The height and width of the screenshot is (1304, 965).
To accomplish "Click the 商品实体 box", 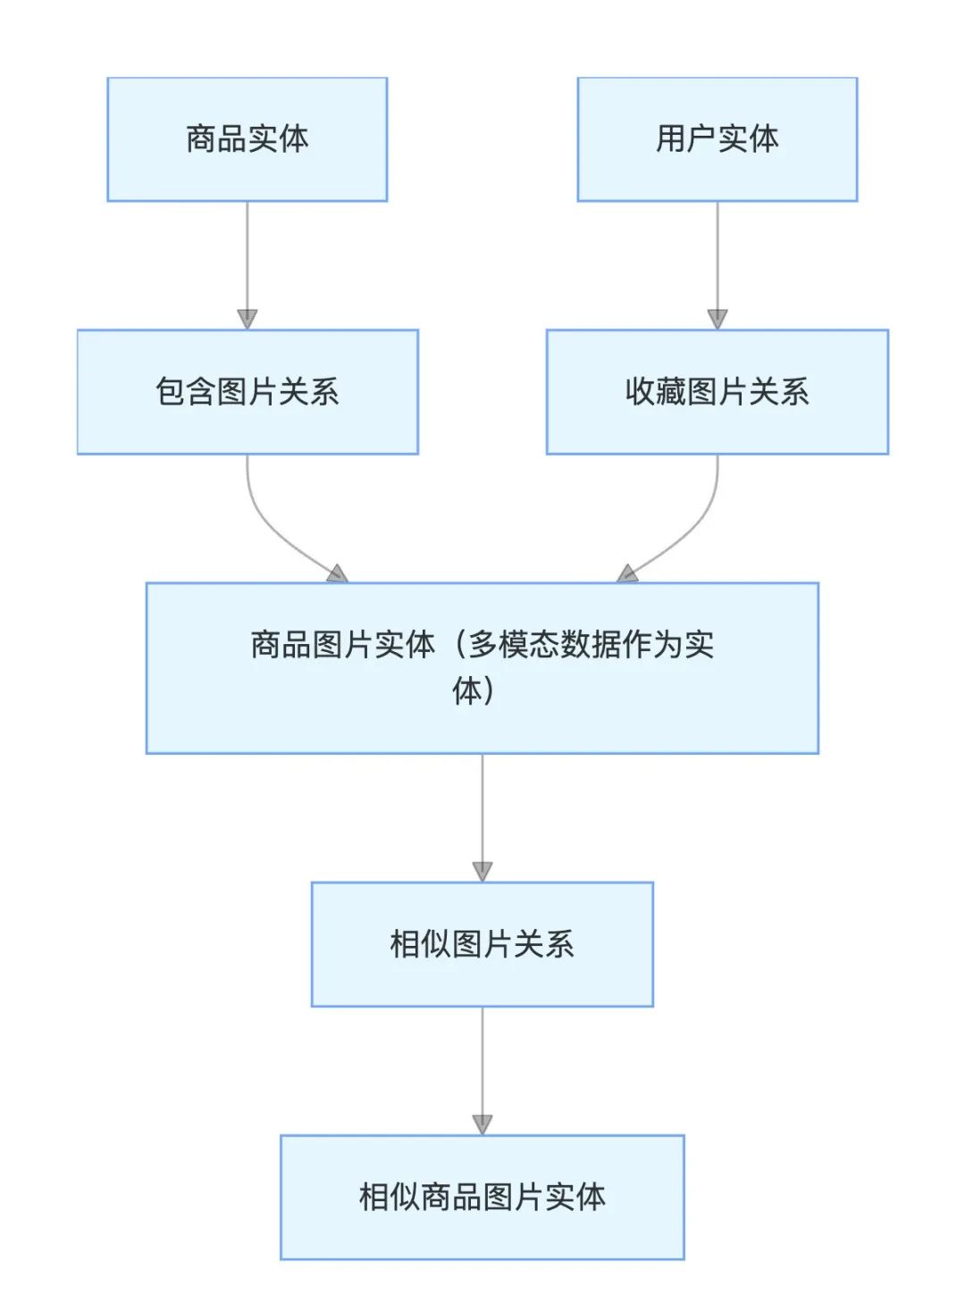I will (247, 139).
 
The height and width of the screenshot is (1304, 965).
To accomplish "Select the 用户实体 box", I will (717, 139).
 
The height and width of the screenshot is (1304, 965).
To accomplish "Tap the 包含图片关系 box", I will (247, 392).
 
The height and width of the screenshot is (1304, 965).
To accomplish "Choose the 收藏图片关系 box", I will (717, 392).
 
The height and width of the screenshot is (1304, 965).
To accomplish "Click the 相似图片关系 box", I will (482, 944).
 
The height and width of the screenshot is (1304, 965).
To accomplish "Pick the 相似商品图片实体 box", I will (482, 1197).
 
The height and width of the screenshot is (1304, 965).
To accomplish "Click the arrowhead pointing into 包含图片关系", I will (248, 319).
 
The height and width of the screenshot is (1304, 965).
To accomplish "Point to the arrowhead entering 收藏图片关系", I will (717, 319).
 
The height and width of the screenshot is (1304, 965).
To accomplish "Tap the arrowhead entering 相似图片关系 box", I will (482, 871).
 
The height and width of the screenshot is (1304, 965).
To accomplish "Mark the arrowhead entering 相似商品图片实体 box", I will (482, 1124).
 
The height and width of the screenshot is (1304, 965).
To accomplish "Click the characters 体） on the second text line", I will (474, 690).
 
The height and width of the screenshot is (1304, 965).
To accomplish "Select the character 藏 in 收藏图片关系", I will (671, 392).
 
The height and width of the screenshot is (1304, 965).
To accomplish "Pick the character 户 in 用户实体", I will (701, 139).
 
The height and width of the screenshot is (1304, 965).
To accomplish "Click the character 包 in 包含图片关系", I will (171, 392).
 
